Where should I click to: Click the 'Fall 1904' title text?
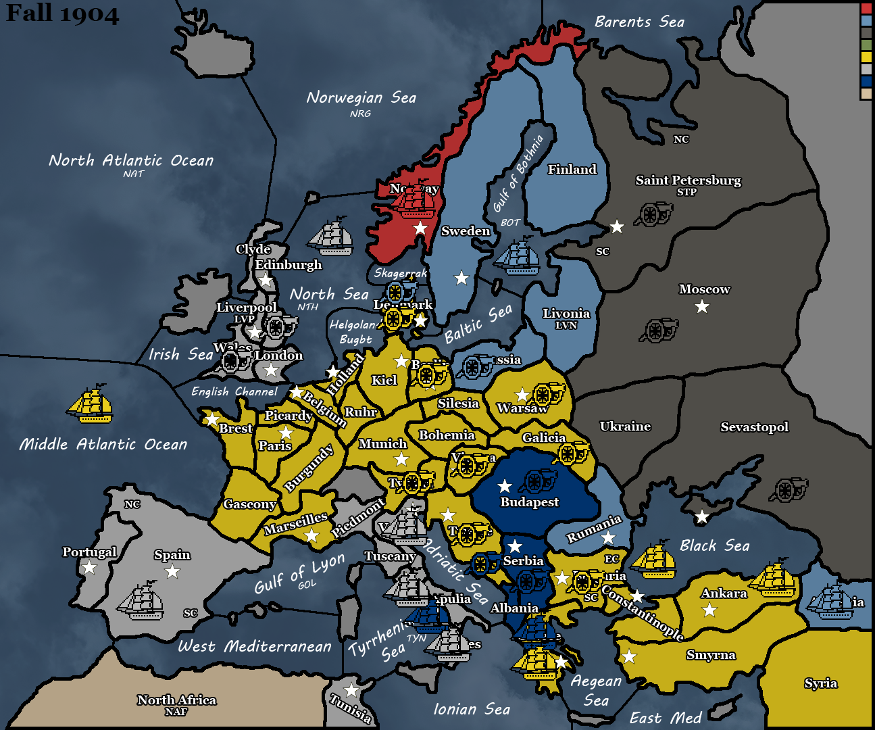pos(62,14)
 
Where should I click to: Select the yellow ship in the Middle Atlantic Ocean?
pos(91,404)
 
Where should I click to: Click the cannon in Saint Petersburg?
pos(653,214)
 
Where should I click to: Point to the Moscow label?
pos(704,289)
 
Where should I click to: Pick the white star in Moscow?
pos(702,307)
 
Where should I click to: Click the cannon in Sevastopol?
pos(789,489)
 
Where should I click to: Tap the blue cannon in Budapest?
pos(538,481)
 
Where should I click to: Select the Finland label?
pos(572,170)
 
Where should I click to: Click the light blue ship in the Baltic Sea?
pos(517,256)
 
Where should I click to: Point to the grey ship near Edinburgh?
pos(330,237)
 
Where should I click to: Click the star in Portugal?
pos(89,567)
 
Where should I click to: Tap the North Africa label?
pos(176,700)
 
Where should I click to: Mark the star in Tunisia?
pos(351,690)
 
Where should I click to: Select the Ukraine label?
pos(625,427)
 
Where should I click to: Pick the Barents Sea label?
pos(639,22)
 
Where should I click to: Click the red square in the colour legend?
pos(866,9)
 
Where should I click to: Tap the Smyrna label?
pos(710,655)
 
